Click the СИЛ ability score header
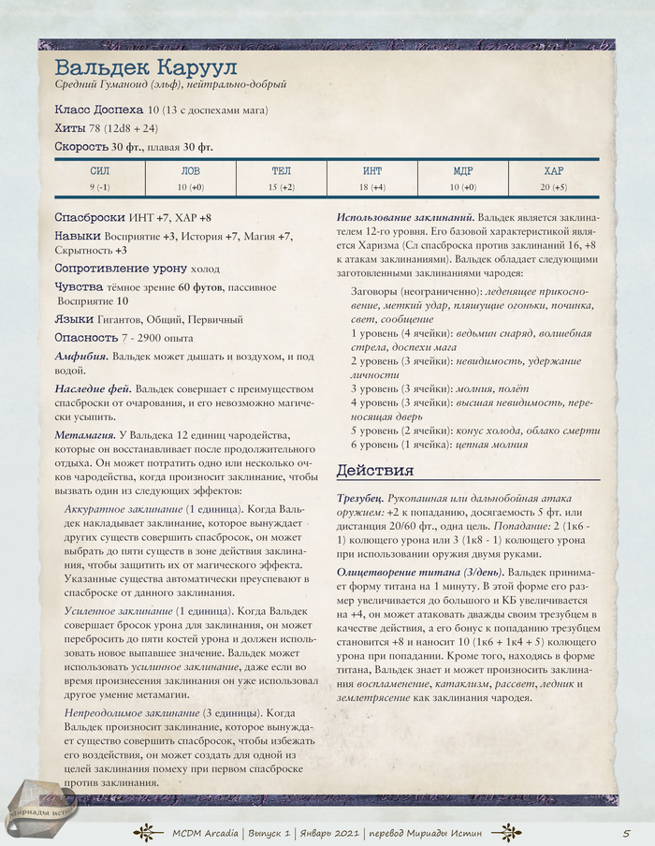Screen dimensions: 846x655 coord(99,171)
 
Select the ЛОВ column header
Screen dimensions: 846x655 coord(190,171)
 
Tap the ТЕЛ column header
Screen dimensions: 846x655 coord(281,171)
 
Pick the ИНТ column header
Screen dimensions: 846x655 coord(371,171)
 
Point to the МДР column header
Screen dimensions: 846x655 coord(462,171)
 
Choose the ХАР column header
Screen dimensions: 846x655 coord(553,171)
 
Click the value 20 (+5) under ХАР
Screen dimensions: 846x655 coord(553,187)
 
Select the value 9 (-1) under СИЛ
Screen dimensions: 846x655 coord(99,187)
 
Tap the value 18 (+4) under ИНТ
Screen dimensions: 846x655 coord(371,187)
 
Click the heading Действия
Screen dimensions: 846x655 coord(374,469)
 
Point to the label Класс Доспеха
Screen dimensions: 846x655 coord(99,110)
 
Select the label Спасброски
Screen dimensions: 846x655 coord(90,217)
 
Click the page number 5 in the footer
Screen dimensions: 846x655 coord(626,832)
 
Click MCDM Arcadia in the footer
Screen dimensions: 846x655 coord(205,832)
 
